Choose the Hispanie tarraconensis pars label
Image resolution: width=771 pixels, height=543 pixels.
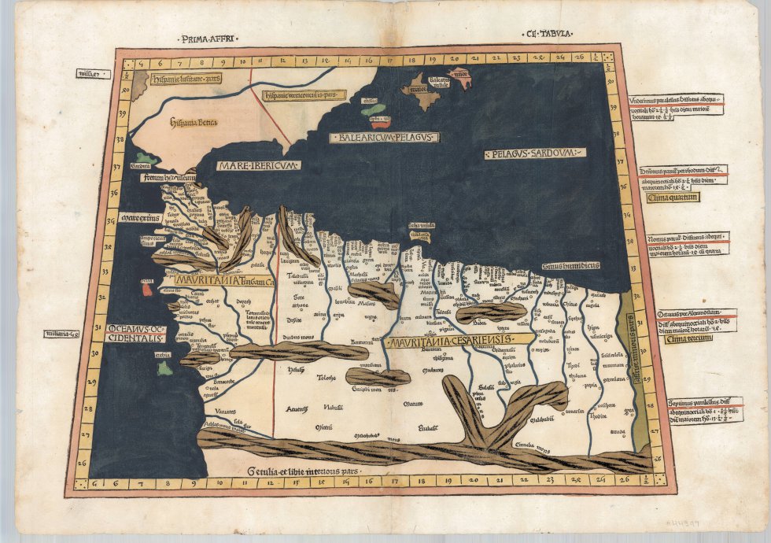pyautogui.click(x=303, y=94)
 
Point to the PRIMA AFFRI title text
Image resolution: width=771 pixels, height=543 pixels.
pyautogui.click(x=208, y=38)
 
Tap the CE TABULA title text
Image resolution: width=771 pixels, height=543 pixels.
pyautogui.click(x=549, y=34)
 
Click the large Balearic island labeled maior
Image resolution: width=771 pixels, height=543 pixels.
pyautogui.click(x=419, y=94)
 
